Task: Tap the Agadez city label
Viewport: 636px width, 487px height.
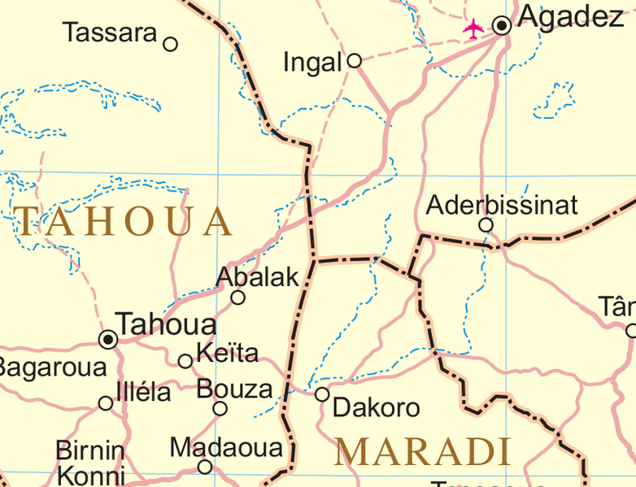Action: coord(570,17)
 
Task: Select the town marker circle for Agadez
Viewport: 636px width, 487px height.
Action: coord(503,25)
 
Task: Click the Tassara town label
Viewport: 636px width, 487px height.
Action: coord(110,33)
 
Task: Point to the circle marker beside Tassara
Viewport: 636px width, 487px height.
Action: coord(170,44)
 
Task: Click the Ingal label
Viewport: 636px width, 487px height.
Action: coord(311,62)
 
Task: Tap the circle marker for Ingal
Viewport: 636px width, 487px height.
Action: coord(354,60)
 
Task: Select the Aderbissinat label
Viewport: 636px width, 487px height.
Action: coord(502,205)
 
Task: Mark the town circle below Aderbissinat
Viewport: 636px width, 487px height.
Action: coord(486,225)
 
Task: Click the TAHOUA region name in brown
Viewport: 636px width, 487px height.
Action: coord(124,221)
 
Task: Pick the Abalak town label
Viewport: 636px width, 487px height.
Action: coord(258,277)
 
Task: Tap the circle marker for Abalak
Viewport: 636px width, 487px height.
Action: coord(237,298)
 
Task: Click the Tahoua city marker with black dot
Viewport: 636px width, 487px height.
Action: coord(107,338)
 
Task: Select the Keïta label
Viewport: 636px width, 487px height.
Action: coord(227,353)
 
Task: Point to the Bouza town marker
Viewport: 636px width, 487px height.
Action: coord(220,408)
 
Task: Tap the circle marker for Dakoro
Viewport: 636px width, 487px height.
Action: coord(322,394)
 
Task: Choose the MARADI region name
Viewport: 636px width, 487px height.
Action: coord(422,451)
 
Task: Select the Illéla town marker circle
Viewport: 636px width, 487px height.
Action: coord(106,403)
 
